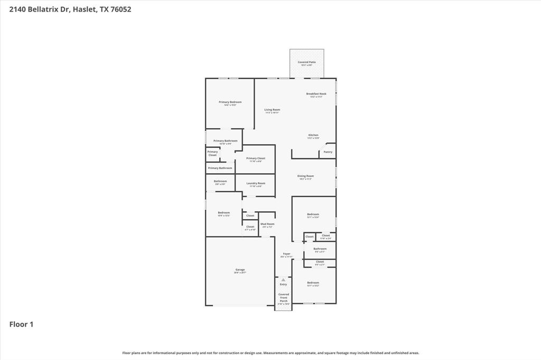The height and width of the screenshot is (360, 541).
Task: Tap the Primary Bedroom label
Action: [230, 102]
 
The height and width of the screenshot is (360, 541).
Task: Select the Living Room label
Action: [272, 110]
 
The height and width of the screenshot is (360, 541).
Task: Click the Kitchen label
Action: [313, 136]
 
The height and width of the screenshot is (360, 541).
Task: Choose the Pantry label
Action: [328, 152]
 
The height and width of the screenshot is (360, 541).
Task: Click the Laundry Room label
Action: [256, 184]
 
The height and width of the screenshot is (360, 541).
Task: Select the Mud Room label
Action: [267, 224]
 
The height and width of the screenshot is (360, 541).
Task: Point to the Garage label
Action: [240, 270]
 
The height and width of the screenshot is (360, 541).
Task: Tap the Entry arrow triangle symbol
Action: [283, 279]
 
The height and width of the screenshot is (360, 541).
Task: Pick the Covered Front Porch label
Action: [284, 298]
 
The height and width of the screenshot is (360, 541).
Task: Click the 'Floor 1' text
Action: [21, 324]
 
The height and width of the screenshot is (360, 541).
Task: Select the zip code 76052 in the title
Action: [121, 9]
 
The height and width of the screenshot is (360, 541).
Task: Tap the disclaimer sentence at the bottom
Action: [270, 353]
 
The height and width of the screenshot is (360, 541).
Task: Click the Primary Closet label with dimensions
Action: [255, 159]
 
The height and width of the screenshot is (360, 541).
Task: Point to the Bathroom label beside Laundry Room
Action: [220, 182]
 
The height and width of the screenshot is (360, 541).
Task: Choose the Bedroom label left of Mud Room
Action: [224, 213]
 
